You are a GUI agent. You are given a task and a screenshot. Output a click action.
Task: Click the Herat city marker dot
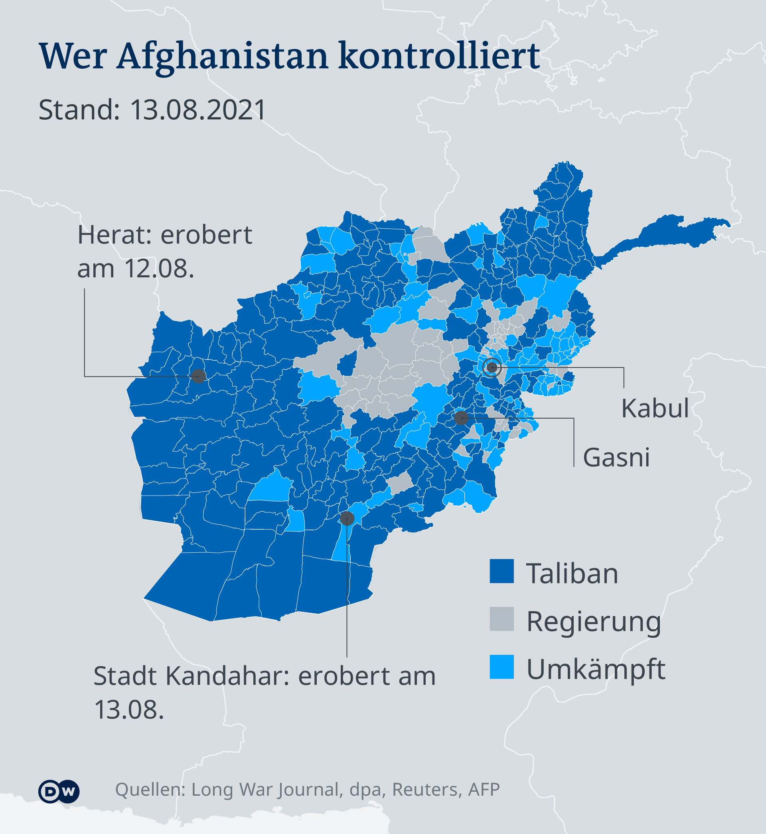(x=198, y=376)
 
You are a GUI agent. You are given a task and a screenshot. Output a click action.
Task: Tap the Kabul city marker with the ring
(x=492, y=367)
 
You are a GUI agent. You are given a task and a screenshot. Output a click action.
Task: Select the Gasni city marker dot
(x=461, y=418)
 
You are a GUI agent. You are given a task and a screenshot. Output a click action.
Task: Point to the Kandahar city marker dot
(x=347, y=518)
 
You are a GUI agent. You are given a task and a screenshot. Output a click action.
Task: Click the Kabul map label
(x=655, y=408)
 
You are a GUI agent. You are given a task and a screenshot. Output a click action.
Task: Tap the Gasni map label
(x=616, y=458)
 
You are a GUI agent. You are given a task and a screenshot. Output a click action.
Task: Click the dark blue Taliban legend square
(x=501, y=571)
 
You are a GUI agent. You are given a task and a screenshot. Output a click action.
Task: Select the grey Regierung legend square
(x=501, y=619)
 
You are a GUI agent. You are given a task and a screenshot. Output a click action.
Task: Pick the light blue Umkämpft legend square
(x=501, y=667)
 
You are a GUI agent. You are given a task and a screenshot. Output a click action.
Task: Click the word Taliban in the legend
(x=572, y=574)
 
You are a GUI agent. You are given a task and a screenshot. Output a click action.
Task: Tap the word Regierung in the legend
(x=594, y=622)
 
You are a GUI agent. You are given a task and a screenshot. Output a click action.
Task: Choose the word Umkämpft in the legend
(x=596, y=670)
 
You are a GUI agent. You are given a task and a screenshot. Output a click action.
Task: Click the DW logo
(x=59, y=791)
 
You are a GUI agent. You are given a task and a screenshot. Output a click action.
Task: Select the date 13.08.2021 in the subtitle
(x=198, y=110)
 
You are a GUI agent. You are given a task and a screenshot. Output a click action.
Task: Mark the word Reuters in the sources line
(x=427, y=790)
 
